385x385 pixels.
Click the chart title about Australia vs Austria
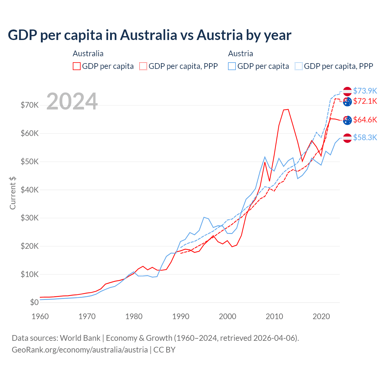pos(149,35)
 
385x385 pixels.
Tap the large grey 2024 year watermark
pos(72,101)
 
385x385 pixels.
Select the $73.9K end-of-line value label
pos(365,91)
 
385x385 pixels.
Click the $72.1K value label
pos(365,101)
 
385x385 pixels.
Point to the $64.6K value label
pos(365,120)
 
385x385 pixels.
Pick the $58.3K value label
pos(365,137)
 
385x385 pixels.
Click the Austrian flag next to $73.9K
pos(347,91)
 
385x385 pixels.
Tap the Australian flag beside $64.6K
pos(347,120)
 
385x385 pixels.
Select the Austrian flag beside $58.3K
pos(347,138)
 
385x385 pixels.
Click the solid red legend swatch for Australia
pos(77,66)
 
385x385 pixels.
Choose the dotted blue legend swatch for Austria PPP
pos(299,66)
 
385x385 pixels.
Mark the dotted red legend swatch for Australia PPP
pos(143,66)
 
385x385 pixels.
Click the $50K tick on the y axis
pos(29,162)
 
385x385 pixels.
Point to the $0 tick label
pos(34,302)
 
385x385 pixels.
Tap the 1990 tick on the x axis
pos(181,316)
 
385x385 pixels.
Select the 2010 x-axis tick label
pos(274,316)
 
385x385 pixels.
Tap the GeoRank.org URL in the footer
pos(80,350)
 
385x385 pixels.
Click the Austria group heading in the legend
pos(240,54)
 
